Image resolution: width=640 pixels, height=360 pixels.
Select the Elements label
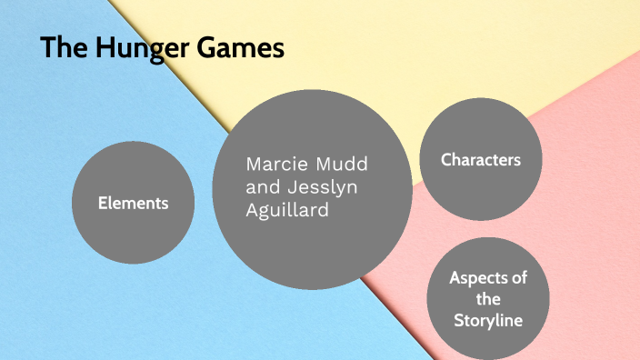click(134, 203)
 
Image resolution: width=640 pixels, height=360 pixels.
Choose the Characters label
click(481, 160)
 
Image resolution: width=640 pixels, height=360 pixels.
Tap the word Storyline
click(487, 320)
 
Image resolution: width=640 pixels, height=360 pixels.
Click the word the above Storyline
click(487, 299)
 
